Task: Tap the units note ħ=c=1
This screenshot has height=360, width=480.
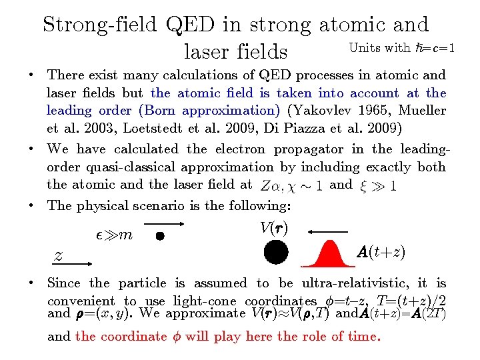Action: point(434,47)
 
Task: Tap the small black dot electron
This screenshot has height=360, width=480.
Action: point(160,235)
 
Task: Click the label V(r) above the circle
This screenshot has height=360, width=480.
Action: point(274,228)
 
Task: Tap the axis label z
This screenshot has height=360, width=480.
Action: point(59,255)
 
